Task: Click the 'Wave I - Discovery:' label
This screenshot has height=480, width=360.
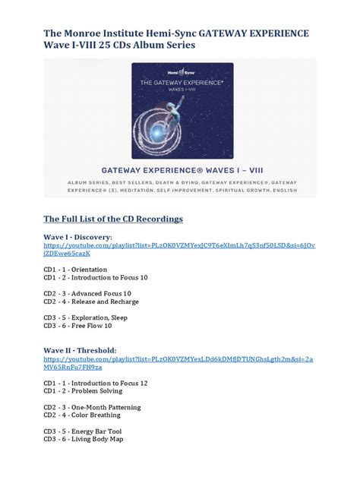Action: (x=77, y=237)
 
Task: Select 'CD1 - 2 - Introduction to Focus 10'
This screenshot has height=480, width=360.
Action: (x=95, y=277)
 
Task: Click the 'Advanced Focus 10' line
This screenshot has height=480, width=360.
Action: (x=87, y=293)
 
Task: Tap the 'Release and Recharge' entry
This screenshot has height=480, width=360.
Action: (x=90, y=302)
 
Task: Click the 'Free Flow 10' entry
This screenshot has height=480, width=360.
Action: (x=77, y=326)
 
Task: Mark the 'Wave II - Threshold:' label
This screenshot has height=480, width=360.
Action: (x=80, y=350)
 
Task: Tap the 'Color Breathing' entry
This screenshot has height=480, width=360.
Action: (x=82, y=415)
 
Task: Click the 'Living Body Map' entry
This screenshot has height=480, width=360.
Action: (x=83, y=439)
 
